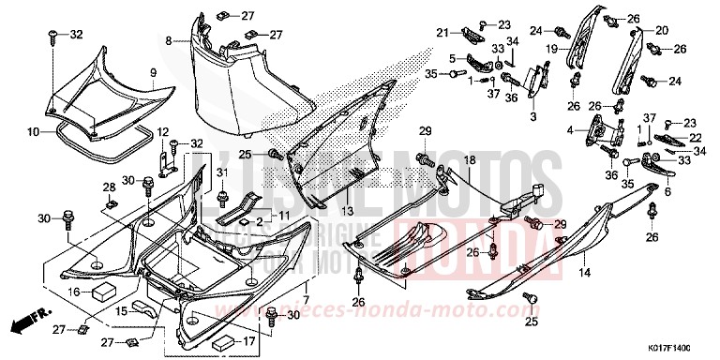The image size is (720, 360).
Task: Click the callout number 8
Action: point(169,41)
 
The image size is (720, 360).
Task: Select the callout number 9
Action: point(152,70)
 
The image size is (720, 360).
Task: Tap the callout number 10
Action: point(32,133)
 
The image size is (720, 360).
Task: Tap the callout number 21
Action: point(439,33)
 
